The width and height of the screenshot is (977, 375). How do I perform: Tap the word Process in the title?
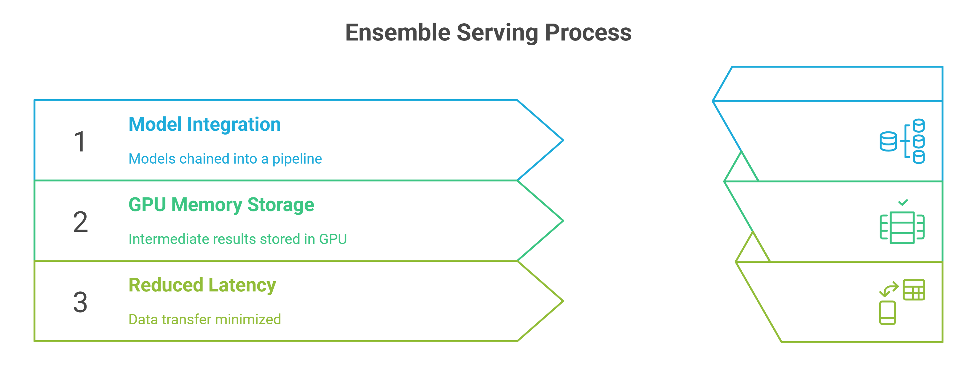pos(588,33)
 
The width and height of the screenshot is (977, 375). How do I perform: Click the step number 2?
pos(80,222)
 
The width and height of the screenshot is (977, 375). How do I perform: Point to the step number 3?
pos(80,302)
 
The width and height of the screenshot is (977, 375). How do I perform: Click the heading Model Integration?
pos(204,124)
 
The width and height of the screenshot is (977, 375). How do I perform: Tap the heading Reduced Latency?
pos(202,285)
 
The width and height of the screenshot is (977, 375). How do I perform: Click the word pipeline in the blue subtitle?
pos(297,159)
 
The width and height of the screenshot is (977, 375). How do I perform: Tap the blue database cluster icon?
pos(902,141)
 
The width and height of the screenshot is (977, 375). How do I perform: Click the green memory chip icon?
pos(902,227)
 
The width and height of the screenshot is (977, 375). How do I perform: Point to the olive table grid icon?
pos(914,290)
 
